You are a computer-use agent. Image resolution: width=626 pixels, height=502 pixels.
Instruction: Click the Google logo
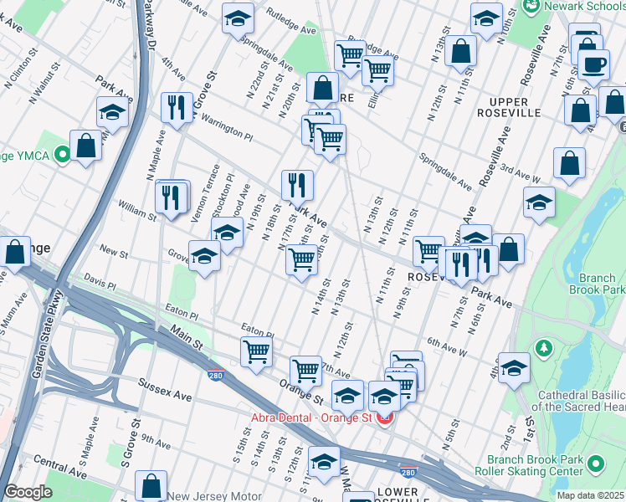pos(28,492)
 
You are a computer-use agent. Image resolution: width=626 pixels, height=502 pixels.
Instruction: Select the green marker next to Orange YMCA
pos(61,154)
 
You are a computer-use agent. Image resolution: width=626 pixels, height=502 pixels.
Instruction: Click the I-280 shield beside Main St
pos(215,376)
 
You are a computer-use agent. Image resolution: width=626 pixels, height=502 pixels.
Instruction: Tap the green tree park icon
pos(544,346)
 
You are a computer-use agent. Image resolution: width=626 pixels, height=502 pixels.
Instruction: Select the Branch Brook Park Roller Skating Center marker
pos(596,462)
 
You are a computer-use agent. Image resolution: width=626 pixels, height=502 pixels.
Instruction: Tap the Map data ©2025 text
pos(589,495)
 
